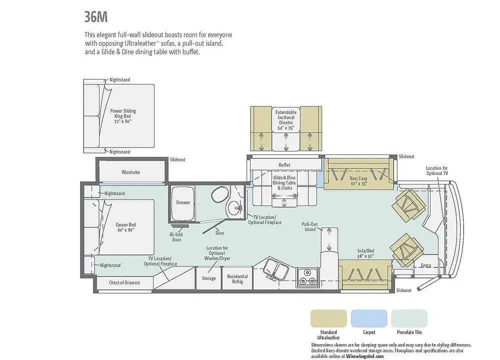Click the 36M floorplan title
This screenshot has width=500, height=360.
click(x=96, y=17)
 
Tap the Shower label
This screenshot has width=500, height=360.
click(x=182, y=202)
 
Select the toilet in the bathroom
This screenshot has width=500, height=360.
click(x=220, y=194)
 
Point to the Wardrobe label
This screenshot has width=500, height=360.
click(x=130, y=172)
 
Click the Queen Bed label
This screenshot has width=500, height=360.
click(x=125, y=227)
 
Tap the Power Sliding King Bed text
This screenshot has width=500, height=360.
click(x=123, y=116)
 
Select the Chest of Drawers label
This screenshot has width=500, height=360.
click(x=124, y=282)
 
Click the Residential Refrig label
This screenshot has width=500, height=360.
click(x=237, y=279)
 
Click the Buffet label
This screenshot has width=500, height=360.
click(x=284, y=165)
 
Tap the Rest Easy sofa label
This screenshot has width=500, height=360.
click(x=358, y=181)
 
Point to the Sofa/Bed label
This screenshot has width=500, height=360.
click(x=365, y=253)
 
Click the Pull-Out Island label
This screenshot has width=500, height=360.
click(x=309, y=226)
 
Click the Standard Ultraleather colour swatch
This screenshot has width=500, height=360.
click(x=328, y=318)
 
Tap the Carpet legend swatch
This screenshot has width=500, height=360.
click(x=369, y=318)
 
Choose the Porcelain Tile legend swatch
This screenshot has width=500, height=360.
click(x=409, y=318)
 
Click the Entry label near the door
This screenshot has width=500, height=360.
click(x=426, y=265)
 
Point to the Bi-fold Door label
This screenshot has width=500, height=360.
click(x=176, y=237)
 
